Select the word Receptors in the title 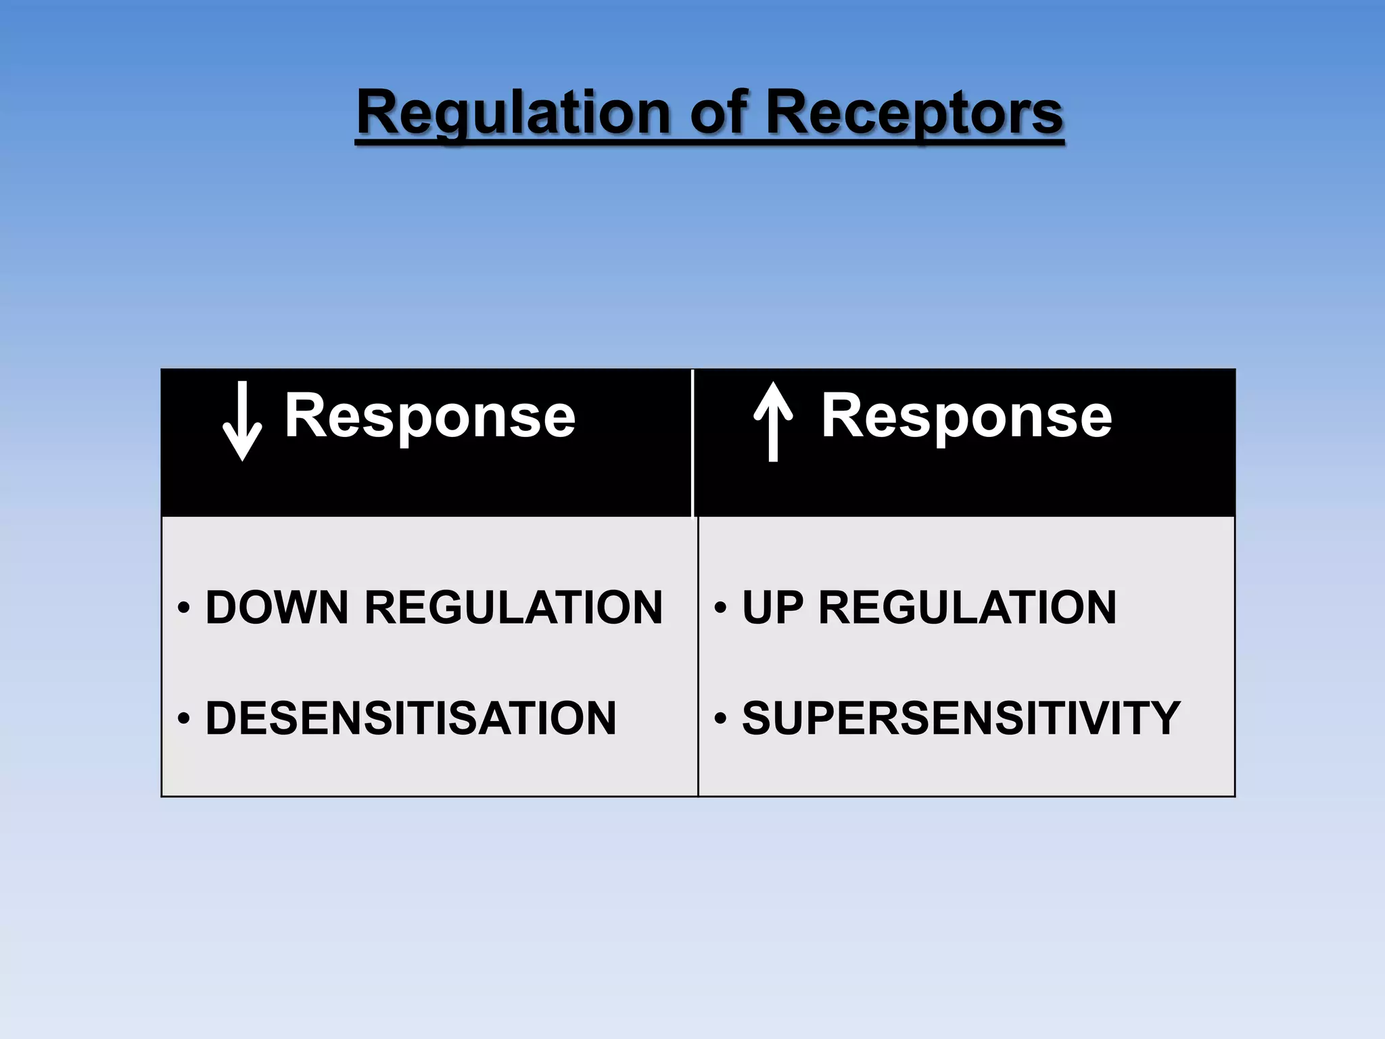pyautogui.click(x=914, y=114)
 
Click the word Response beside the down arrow pyautogui.click(x=429, y=417)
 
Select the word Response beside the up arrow pyautogui.click(x=966, y=417)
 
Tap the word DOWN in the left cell pyautogui.click(x=277, y=607)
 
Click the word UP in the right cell pyautogui.click(x=772, y=607)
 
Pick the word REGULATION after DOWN pyautogui.click(x=513, y=607)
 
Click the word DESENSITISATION pyautogui.click(x=410, y=718)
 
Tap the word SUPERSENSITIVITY pyautogui.click(x=961, y=718)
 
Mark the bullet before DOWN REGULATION pyautogui.click(x=183, y=607)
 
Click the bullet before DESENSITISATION pyautogui.click(x=183, y=718)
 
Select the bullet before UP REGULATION pyautogui.click(x=720, y=607)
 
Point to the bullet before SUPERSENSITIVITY pyautogui.click(x=720, y=718)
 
